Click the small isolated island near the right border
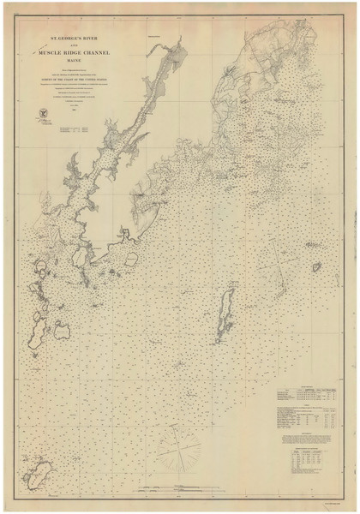tap(317, 268)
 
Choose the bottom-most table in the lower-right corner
tap(302, 466)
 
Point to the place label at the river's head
tap(154, 36)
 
